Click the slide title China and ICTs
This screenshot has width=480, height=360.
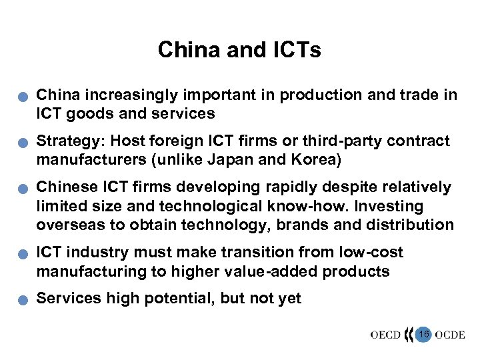pos(239,50)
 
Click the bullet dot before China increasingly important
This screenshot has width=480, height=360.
pos(22,98)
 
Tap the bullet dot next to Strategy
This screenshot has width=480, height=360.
pos(22,144)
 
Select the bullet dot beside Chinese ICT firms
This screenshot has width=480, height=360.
pos(22,190)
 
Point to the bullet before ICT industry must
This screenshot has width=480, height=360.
pos(22,255)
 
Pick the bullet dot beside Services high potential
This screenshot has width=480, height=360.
pos(22,301)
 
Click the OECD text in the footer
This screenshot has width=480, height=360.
pos(385,334)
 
